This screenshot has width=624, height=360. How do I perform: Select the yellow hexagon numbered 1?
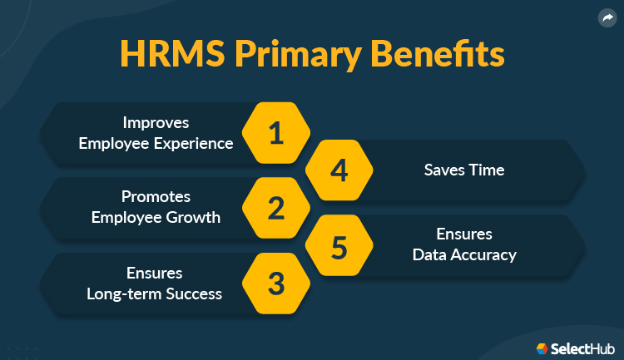(276, 133)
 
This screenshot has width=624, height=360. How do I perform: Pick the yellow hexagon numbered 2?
(276, 208)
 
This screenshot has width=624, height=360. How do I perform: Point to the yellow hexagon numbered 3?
(276, 283)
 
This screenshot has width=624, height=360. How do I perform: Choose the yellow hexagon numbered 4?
(339, 170)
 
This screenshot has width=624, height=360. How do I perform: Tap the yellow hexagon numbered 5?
(339, 245)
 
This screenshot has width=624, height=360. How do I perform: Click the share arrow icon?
(605, 17)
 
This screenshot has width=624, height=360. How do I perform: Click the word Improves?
(156, 123)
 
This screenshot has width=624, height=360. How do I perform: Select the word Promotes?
(156, 197)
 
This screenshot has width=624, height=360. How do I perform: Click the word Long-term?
(120, 293)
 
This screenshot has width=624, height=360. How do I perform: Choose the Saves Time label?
(464, 170)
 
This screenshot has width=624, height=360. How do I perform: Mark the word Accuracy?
(483, 254)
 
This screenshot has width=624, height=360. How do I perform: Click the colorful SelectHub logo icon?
(542, 348)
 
